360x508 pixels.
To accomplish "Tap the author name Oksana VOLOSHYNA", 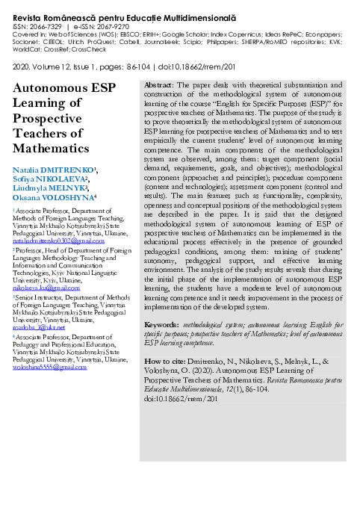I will point(52,198).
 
